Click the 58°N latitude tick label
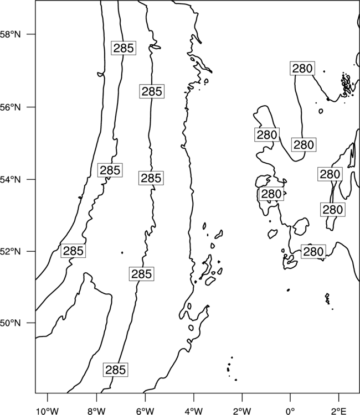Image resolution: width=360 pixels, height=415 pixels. click(11, 34)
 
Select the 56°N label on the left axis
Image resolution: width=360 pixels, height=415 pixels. click(11, 107)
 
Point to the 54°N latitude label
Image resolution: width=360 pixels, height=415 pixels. click(11, 179)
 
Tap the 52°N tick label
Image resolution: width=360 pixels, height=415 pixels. click(11, 251)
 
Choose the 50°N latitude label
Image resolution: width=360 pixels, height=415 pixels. click(11, 323)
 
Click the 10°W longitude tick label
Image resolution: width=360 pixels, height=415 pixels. click(48, 411)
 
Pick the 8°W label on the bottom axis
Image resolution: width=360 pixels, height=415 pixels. click(96, 411)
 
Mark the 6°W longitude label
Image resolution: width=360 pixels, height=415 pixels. click(145, 411)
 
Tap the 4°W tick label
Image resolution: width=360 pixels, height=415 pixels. click(194, 411)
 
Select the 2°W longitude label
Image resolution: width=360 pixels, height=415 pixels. click(242, 411)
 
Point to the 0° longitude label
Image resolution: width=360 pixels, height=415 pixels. click(290, 411)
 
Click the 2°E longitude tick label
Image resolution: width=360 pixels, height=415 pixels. click(339, 411)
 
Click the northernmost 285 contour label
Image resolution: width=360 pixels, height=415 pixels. click(124, 48)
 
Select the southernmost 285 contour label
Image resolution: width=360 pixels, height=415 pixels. click(116, 370)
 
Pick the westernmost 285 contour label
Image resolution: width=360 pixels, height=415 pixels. click(73, 251)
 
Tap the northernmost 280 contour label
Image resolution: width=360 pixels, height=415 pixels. click(302, 68)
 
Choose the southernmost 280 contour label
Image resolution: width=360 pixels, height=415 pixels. click(313, 252)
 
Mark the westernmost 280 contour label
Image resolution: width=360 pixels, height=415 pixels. click(267, 134)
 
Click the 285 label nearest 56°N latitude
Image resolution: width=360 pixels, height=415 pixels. click(152, 91)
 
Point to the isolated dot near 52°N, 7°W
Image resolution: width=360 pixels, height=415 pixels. click(122, 253)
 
